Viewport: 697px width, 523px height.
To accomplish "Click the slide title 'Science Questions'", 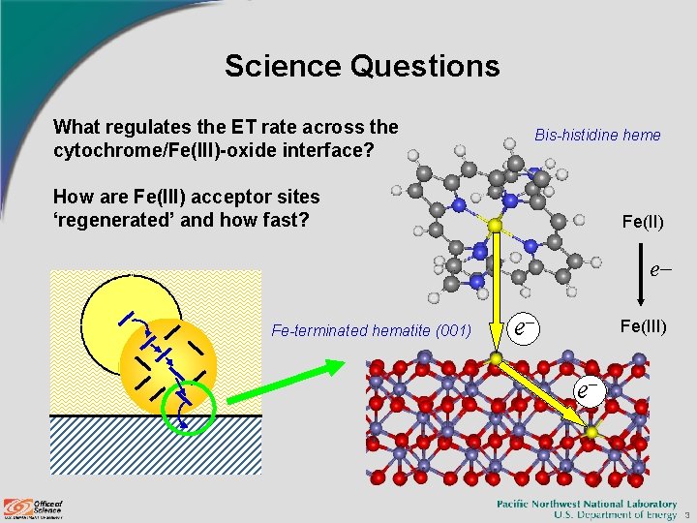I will coord(362,66).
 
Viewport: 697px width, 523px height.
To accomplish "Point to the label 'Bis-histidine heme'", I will coord(597,135).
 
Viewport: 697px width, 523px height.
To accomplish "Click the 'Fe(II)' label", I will coord(642,222).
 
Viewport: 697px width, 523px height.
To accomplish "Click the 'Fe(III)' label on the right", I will coord(643,326).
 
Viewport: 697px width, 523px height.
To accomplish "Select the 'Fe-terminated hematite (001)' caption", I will coord(372,330).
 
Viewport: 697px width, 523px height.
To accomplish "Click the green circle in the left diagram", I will coord(187,406).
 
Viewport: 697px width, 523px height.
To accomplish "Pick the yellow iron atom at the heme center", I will coord(495,226).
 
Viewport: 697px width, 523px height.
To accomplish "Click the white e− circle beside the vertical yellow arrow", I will coord(524,328).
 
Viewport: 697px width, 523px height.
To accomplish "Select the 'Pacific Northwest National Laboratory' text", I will coord(587,504).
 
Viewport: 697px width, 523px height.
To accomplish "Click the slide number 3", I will coord(684,514).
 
